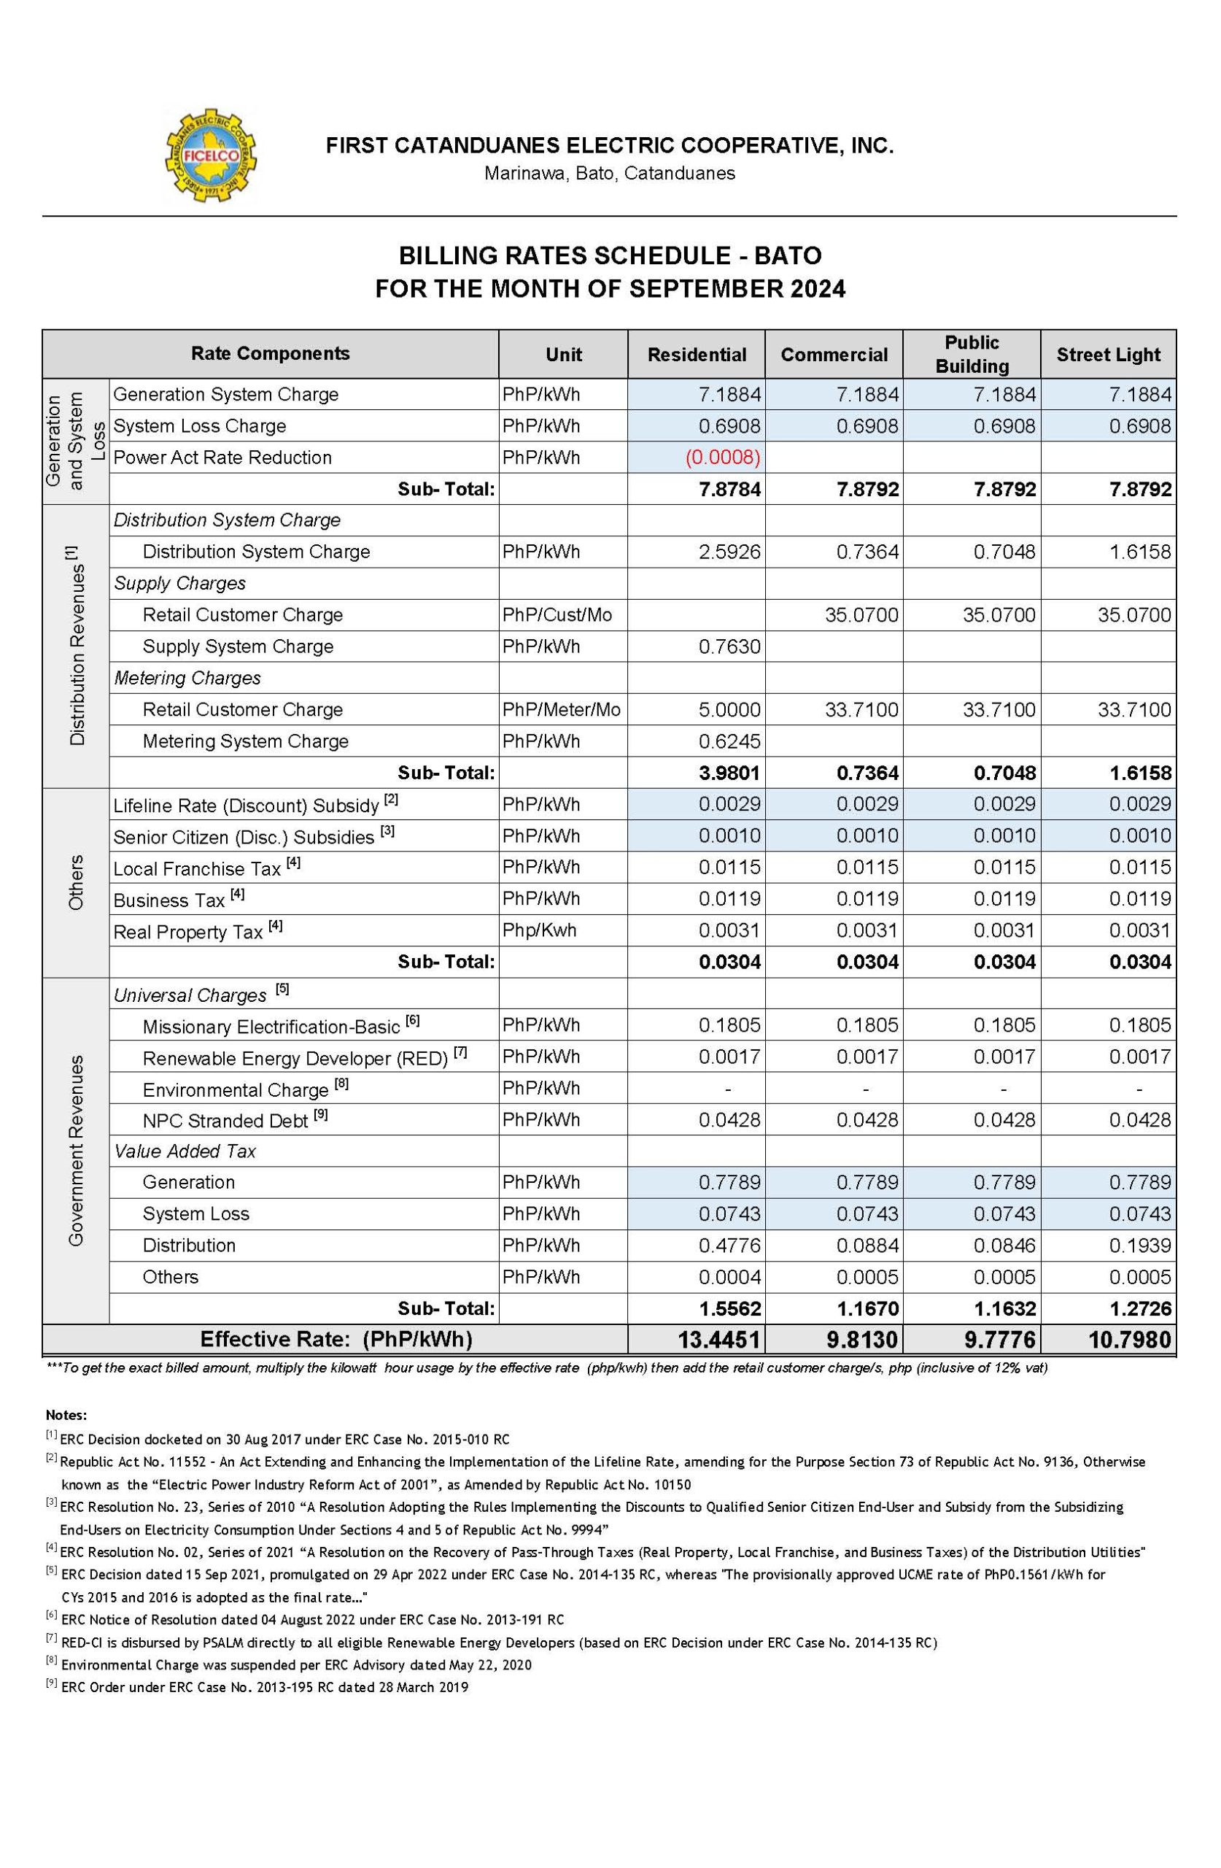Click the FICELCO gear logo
(x=210, y=155)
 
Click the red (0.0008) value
(x=722, y=458)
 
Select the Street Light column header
(x=1107, y=355)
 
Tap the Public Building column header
(x=972, y=354)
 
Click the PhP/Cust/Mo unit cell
(x=557, y=614)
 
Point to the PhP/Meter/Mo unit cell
(x=562, y=709)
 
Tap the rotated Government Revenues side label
(x=76, y=1151)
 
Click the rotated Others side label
(x=76, y=883)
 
